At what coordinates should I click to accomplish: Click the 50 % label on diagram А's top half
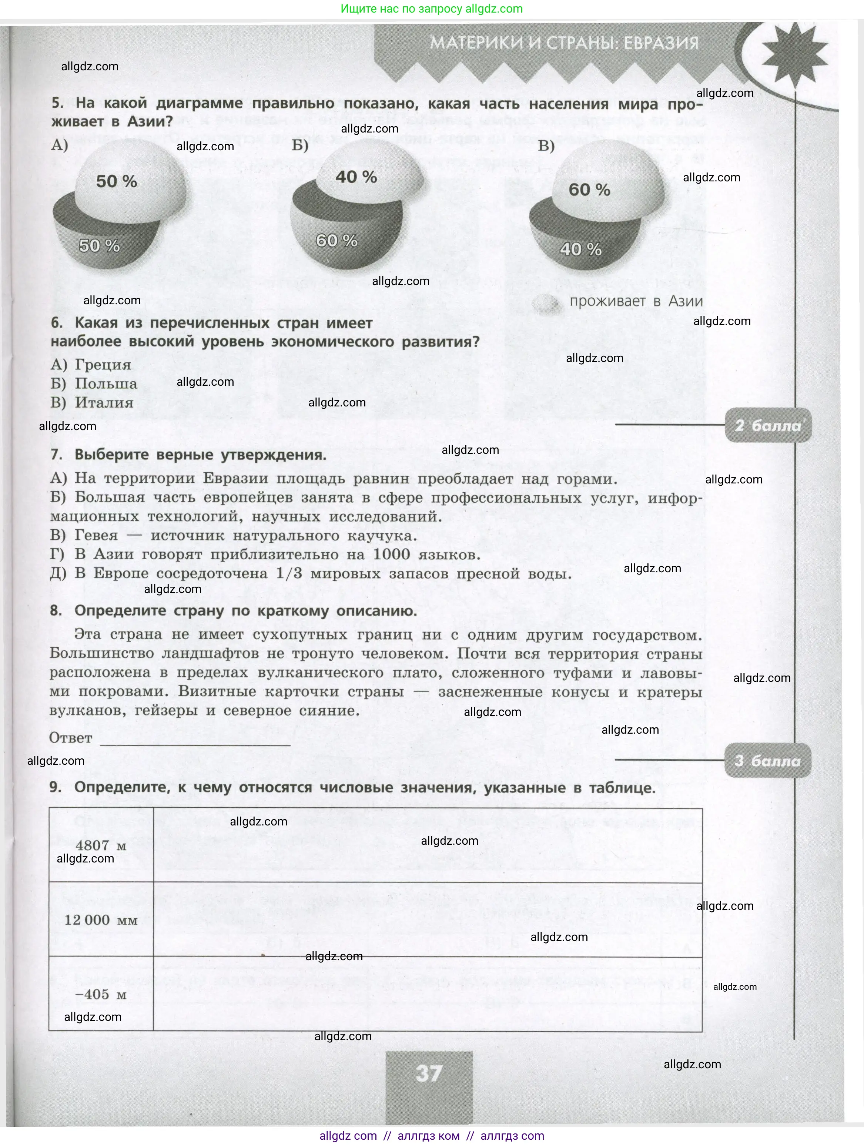tap(117, 181)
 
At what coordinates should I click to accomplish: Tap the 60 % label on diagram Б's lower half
tap(337, 241)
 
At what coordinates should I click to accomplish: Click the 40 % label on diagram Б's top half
tap(356, 177)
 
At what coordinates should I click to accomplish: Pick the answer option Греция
tap(91, 365)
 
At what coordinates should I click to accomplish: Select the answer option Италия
tap(92, 403)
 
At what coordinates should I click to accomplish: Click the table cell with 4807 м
tap(101, 845)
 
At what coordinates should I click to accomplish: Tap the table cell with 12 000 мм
tap(101, 920)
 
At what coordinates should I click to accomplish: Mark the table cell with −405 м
tap(101, 994)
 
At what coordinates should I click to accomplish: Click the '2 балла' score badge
tap(768, 426)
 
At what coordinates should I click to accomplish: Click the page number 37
tap(429, 1073)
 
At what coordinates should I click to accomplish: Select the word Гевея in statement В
tap(96, 536)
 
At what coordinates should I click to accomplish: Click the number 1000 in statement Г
tap(392, 554)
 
